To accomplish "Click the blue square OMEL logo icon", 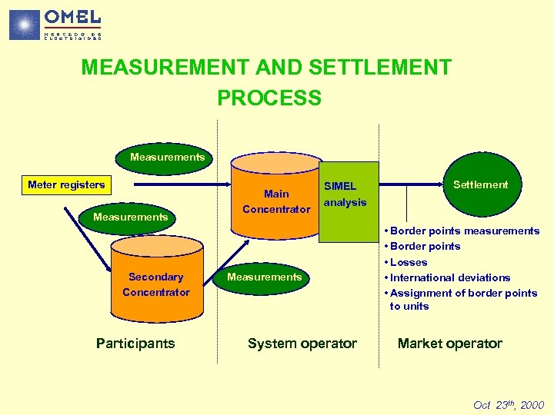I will (x=24, y=25).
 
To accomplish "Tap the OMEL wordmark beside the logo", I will (x=72, y=16).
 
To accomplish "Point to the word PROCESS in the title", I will (x=269, y=98).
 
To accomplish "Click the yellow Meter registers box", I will (x=66, y=184).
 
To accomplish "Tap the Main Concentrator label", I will (x=276, y=201).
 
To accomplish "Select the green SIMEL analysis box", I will (x=349, y=201).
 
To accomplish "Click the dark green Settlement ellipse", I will (x=480, y=184).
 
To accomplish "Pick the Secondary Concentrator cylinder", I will (x=155, y=281).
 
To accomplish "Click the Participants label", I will (x=135, y=344).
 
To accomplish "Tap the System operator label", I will (x=302, y=344).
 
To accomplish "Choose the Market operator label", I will (x=449, y=344).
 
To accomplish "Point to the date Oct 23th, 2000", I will (x=508, y=405).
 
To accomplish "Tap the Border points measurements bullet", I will (x=464, y=231).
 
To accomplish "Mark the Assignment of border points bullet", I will (x=462, y=299).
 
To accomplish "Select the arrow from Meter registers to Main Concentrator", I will (x=177, y=185).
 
